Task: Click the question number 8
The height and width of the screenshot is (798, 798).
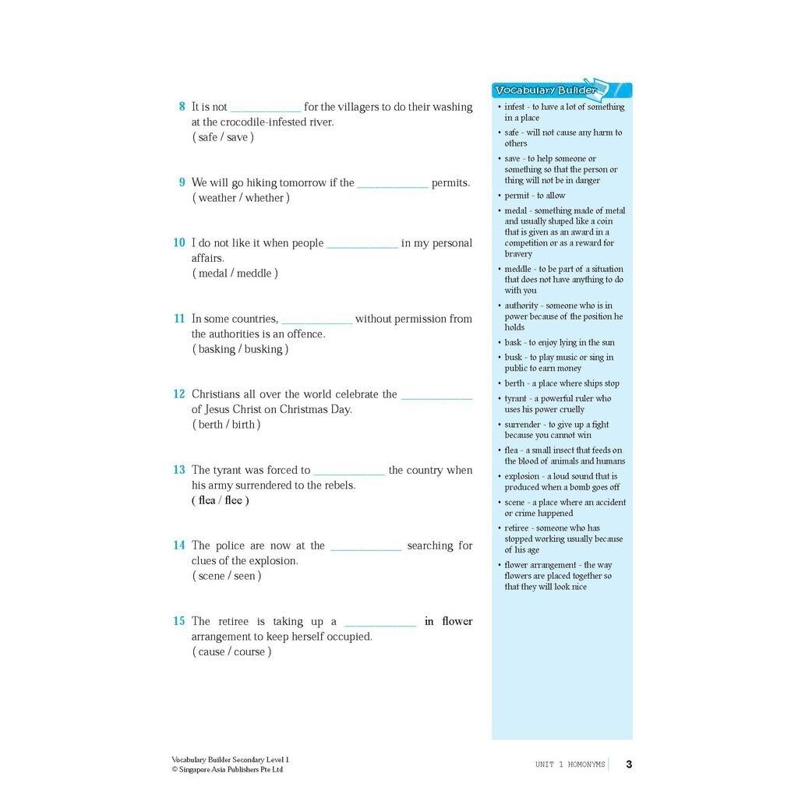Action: click(182, 107)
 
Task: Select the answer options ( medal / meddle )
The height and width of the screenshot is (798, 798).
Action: click(235, 274)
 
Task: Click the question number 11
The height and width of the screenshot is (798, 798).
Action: click(179, 319)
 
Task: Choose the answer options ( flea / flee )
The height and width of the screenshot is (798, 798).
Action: click(221, 500)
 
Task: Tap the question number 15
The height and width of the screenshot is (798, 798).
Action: click(179, 621)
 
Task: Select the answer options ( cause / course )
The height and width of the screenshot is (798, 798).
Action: click(231, 651)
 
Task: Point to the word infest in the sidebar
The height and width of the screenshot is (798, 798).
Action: click(514, 108)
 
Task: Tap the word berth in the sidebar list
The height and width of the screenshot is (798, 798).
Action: click(514, 383)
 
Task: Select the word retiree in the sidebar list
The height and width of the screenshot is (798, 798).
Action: click(518, 528)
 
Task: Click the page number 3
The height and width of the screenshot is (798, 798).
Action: click(629, 764)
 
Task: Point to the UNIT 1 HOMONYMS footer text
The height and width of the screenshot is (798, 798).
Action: click(570, 765)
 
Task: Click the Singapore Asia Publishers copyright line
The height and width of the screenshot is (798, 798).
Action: click(227, 770)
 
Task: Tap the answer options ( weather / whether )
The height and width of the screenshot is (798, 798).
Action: click(241, 198)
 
